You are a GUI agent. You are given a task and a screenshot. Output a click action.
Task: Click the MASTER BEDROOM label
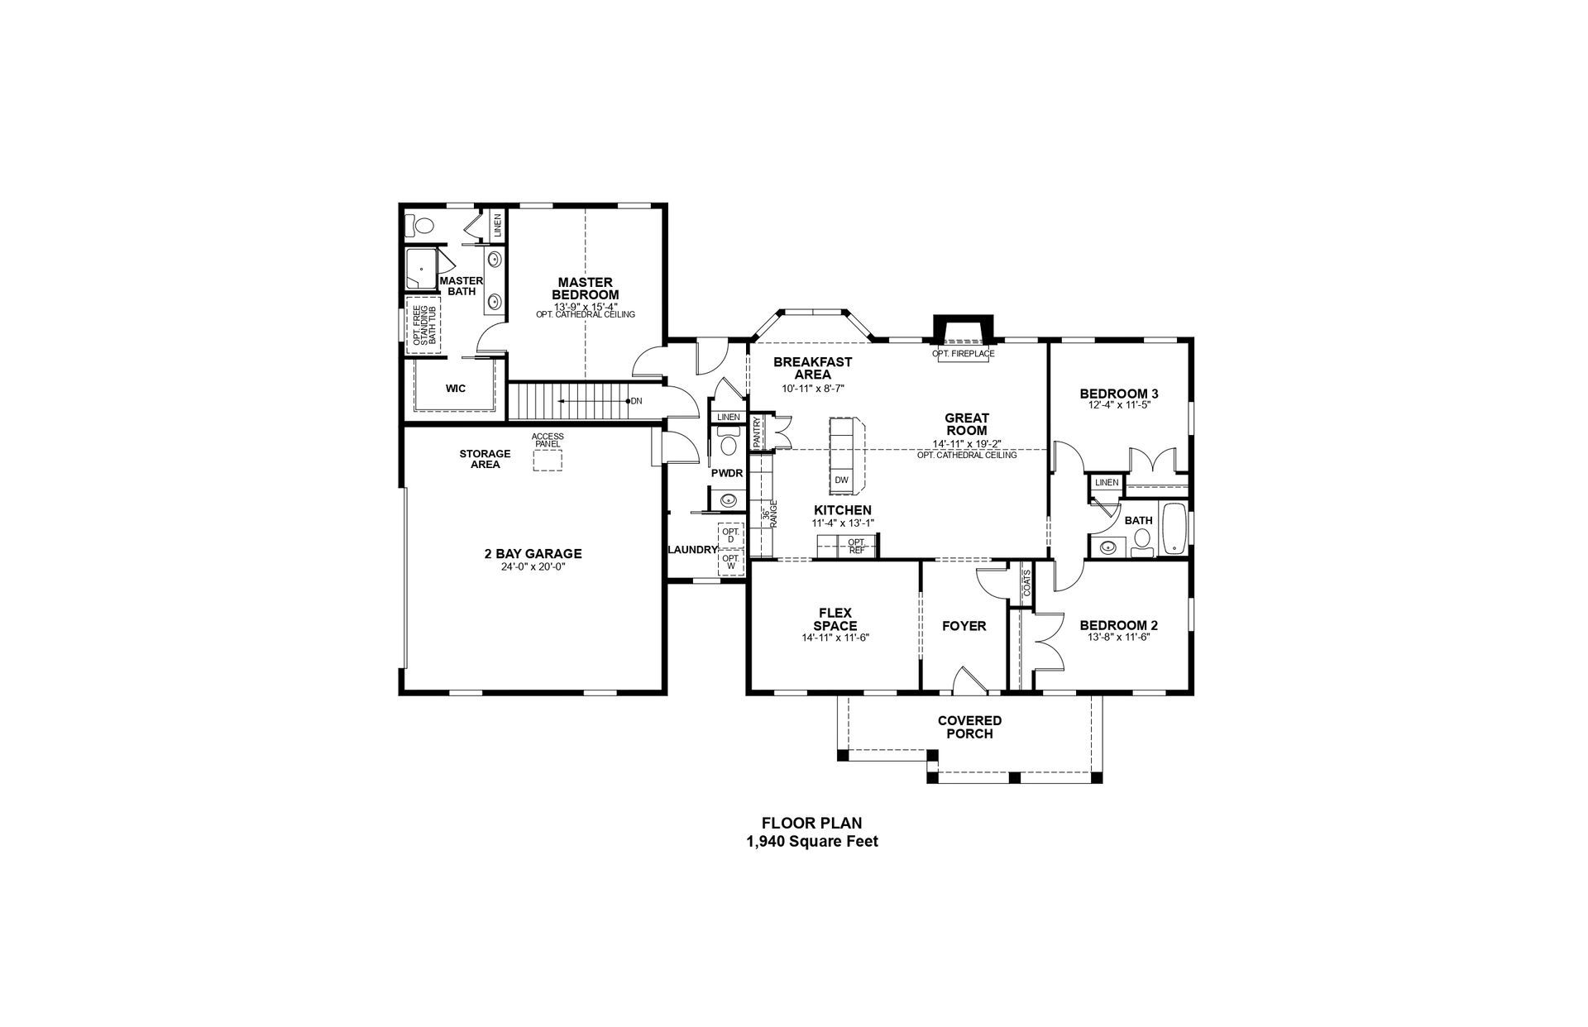585,289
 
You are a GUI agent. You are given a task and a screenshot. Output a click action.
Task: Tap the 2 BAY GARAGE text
533,554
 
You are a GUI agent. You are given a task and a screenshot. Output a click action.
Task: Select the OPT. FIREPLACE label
964,354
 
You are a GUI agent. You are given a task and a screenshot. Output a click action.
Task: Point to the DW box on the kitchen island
841,480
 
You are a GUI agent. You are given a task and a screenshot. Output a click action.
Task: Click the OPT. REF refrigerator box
857,546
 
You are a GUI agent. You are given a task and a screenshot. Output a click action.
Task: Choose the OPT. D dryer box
730,536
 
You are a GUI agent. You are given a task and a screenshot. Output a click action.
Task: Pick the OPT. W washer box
730,561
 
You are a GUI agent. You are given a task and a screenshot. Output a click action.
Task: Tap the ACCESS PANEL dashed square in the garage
547,460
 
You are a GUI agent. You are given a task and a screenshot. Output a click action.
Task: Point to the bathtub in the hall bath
1174,528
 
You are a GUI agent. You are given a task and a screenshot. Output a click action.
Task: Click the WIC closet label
456,389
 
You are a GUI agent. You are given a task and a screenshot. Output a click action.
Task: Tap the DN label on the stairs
636,401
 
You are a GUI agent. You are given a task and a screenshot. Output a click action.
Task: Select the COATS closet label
1026,584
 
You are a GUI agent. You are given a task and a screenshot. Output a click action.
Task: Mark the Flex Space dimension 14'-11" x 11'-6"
835,638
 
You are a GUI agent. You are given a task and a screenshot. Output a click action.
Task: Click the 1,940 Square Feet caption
811,842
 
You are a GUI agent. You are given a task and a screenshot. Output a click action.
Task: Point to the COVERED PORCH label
969,727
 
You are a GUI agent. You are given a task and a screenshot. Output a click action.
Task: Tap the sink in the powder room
728,499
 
